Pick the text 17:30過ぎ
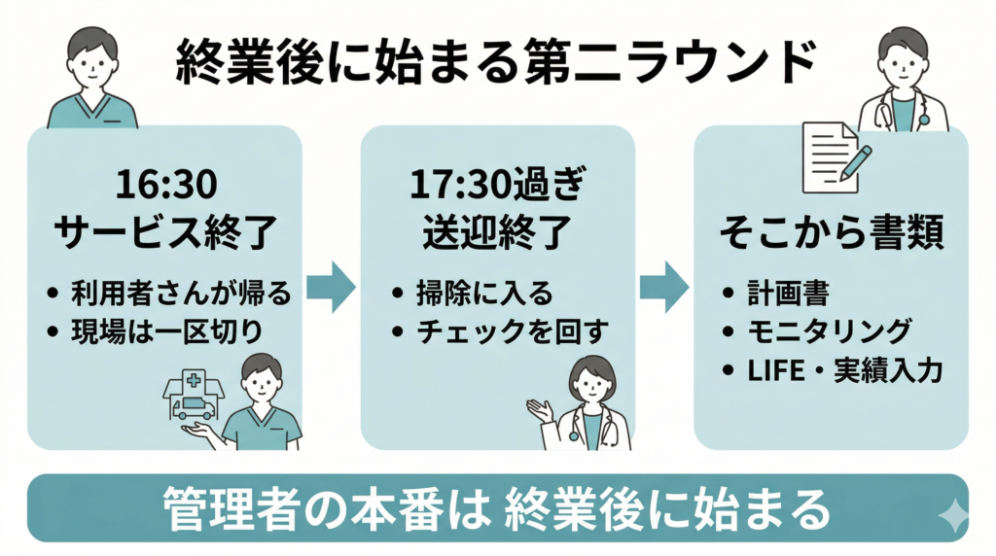[497, 184]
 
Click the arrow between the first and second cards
[331, 288]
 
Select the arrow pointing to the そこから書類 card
[664, 288]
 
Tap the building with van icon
[192, 394]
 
